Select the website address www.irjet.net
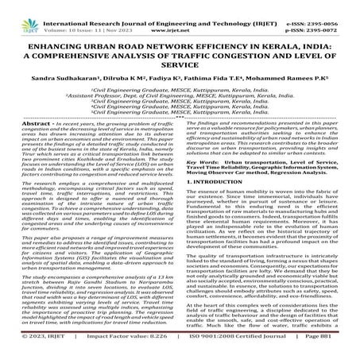point(182,17)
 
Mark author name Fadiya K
point(166,79)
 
